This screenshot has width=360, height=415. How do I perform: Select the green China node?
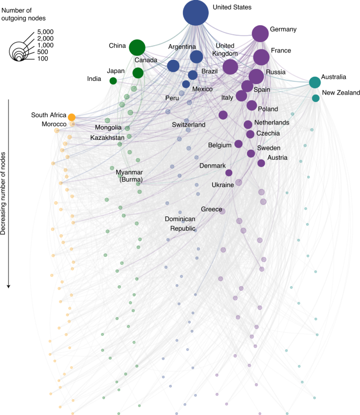click(x=137, y=47)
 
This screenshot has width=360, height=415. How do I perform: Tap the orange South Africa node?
click(x=71, y=117)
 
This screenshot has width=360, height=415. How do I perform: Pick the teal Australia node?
click(x=314, y=82)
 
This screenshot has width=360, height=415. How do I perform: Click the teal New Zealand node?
click(x=315, y=98)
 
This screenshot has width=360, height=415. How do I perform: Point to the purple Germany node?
click(x=260, y=34)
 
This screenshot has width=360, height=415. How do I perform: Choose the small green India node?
click(x=113, y=81)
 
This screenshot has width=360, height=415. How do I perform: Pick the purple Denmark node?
click(x=229, y=172)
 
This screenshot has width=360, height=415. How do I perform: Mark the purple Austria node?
click(x=261, y=163)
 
